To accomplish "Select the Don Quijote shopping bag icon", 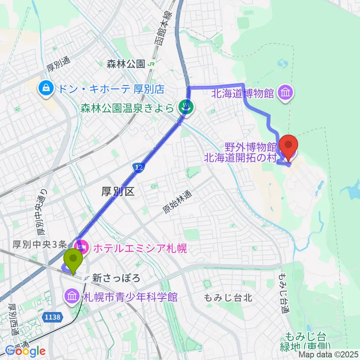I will click(x=45, y=89).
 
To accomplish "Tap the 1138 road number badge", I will click(x=51, y=317).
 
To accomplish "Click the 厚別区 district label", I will click(x=118, y=192).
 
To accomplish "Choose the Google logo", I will click(x=25, y=351).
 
